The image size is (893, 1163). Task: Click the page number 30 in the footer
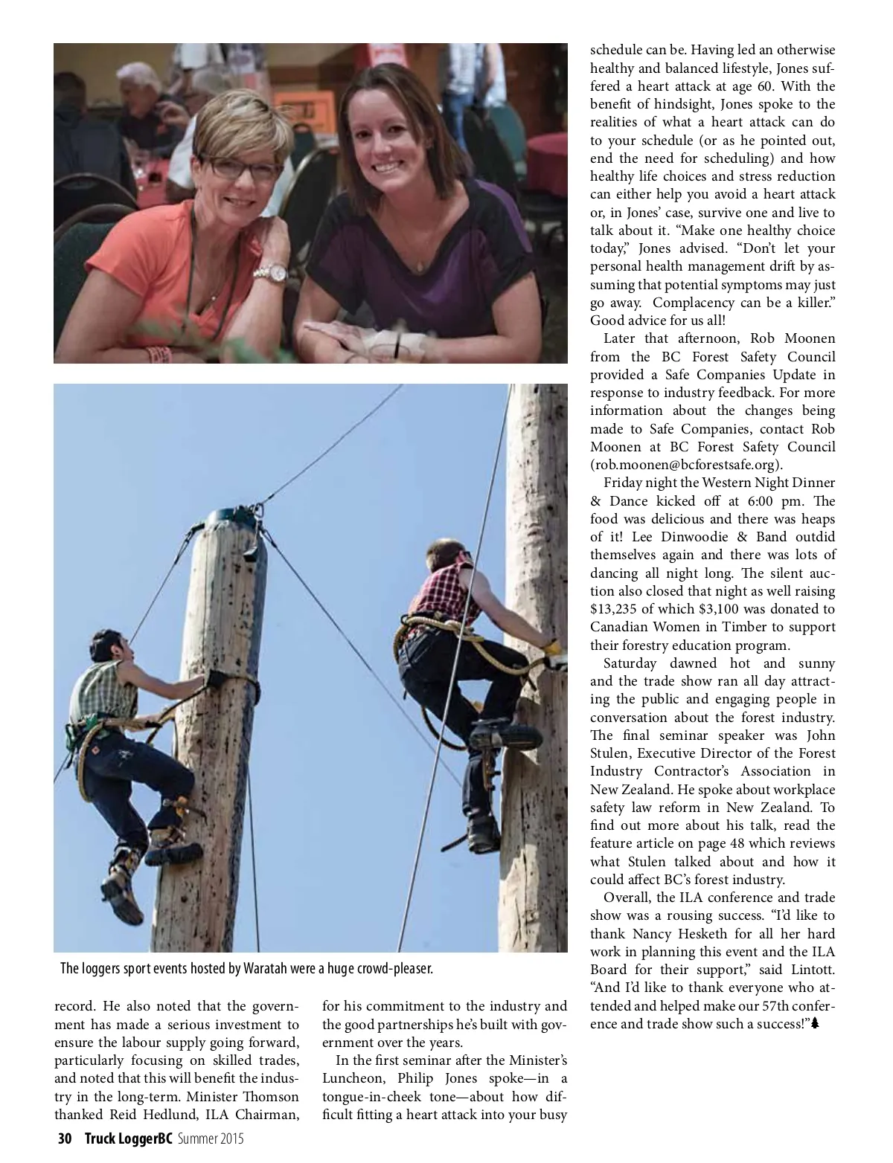pyautogui.click(x=64, y=1139)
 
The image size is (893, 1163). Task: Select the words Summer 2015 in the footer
pyautogui.click(x=210, y=1139)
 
